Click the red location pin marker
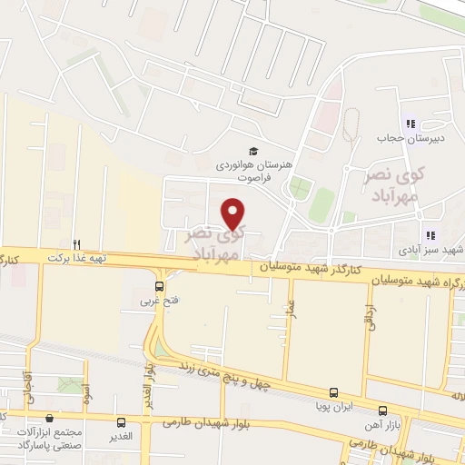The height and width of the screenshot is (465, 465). (x=234, y=213)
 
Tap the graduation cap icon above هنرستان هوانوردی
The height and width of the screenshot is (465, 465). (x=254, y=152)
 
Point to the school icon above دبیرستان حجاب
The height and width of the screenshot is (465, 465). (x=410, y=124)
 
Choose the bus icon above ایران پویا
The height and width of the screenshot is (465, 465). (x=333, y=393)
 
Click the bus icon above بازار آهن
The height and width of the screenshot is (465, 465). (x=382, y=411)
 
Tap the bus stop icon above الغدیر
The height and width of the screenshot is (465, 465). (x=122, y=422)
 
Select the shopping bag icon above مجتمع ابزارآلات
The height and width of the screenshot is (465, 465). (x=49, y=419)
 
